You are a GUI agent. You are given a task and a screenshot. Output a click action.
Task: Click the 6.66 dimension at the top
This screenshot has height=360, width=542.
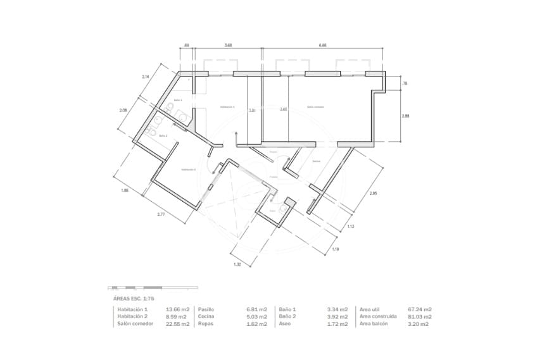coord(323,46)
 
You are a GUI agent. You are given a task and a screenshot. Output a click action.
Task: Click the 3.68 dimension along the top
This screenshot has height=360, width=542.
coord(228,46)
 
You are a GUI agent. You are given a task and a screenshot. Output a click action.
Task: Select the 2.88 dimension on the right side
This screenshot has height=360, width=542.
coord(405,116)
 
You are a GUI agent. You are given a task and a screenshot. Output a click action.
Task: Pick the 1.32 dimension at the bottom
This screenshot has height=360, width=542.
coord(237,264)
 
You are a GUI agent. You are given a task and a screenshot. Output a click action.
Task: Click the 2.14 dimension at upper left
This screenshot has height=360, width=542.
coord(146,77)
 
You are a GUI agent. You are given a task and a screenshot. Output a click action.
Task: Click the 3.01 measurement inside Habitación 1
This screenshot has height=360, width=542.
coord(252,110)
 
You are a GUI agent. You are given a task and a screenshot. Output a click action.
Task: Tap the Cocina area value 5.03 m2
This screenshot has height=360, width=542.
coord(257,316)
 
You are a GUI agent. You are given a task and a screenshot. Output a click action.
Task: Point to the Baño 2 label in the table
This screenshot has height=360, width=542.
coord(287,316)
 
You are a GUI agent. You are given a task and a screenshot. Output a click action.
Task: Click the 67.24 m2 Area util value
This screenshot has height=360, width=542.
coord(420,309)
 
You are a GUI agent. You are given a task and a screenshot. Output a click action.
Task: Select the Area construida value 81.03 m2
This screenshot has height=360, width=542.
coord(420,316)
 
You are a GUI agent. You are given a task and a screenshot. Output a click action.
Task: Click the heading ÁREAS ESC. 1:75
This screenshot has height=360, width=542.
coord(134,297)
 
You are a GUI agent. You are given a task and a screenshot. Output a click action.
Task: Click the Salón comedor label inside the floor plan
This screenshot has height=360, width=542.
coord(315,108)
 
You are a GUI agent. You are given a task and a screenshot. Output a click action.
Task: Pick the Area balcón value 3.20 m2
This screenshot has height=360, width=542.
coord(419,324)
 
